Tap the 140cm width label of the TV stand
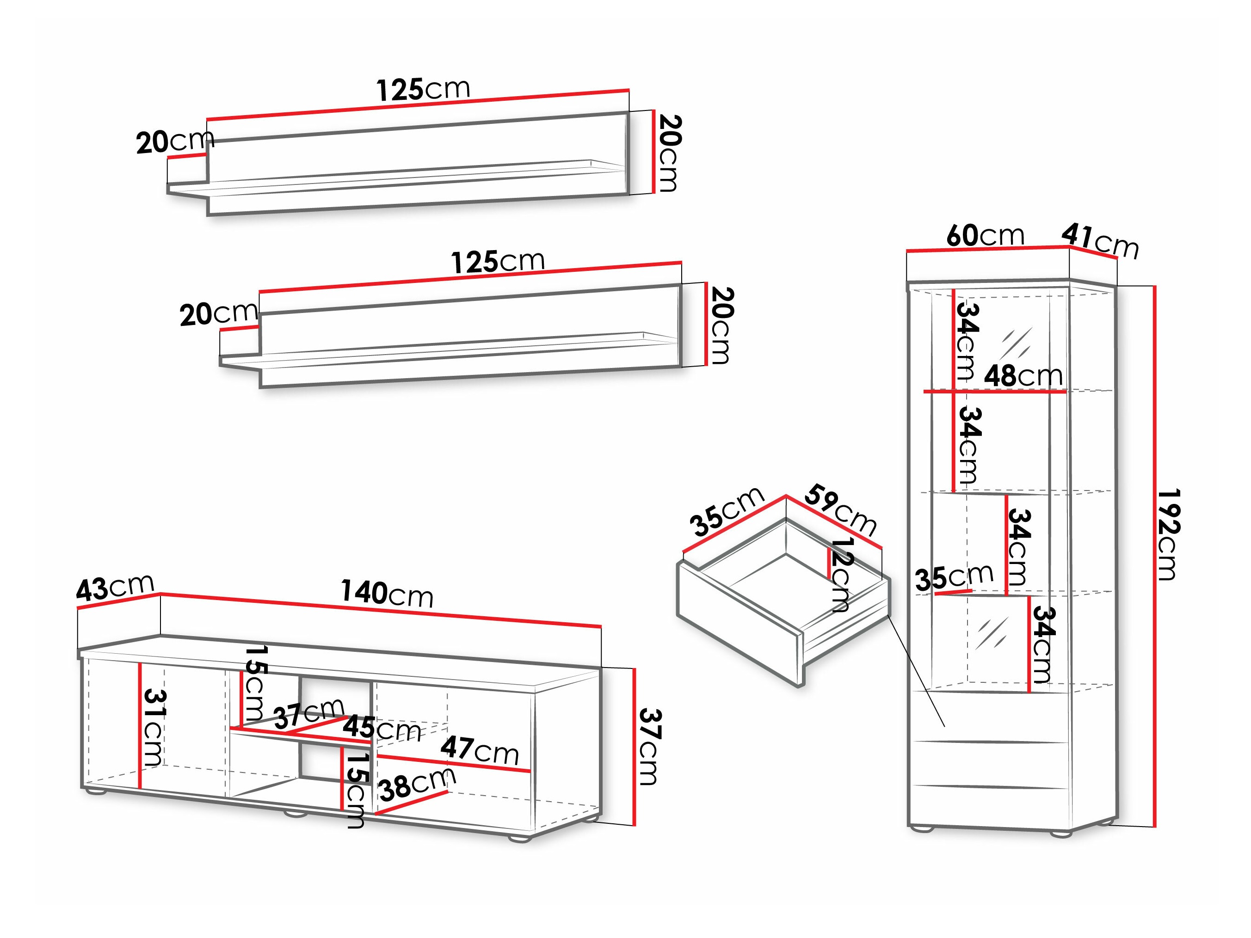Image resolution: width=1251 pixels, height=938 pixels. click(387, 593)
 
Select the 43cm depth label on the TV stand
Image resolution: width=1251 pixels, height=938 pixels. click(115, 588)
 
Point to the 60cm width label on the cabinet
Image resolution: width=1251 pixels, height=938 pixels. click(985, 235)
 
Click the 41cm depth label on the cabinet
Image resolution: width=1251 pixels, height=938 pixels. click(1100, 240)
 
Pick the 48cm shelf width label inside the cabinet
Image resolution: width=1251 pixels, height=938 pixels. click(1023, 376)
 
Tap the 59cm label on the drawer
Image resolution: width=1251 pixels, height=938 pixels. click(841, 510)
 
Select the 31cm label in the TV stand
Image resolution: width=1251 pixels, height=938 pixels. click(153, 727)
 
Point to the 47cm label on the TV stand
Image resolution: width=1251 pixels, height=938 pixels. click(480, 750)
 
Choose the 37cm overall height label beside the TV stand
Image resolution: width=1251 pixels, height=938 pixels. click(649, 746)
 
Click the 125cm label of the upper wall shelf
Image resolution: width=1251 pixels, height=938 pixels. click(423, 89)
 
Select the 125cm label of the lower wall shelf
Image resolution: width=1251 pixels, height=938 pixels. click(498, 262)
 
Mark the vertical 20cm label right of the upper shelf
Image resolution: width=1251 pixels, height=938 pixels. click(669, 153)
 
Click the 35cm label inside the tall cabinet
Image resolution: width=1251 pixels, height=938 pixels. click(954, 578)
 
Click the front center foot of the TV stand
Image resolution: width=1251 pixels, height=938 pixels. click(294, 815)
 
